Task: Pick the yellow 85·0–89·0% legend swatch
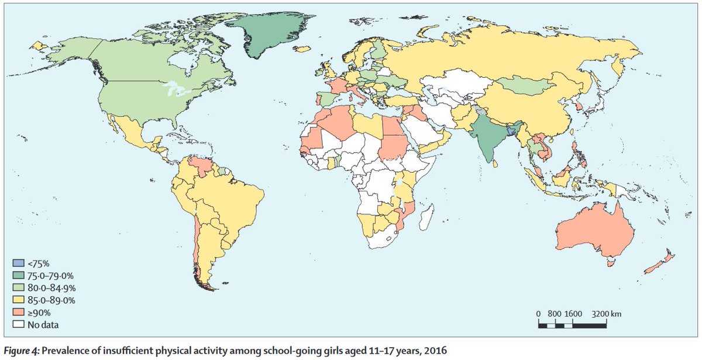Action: [x=18, y=299]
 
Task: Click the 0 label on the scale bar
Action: [x=538, y=314]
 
